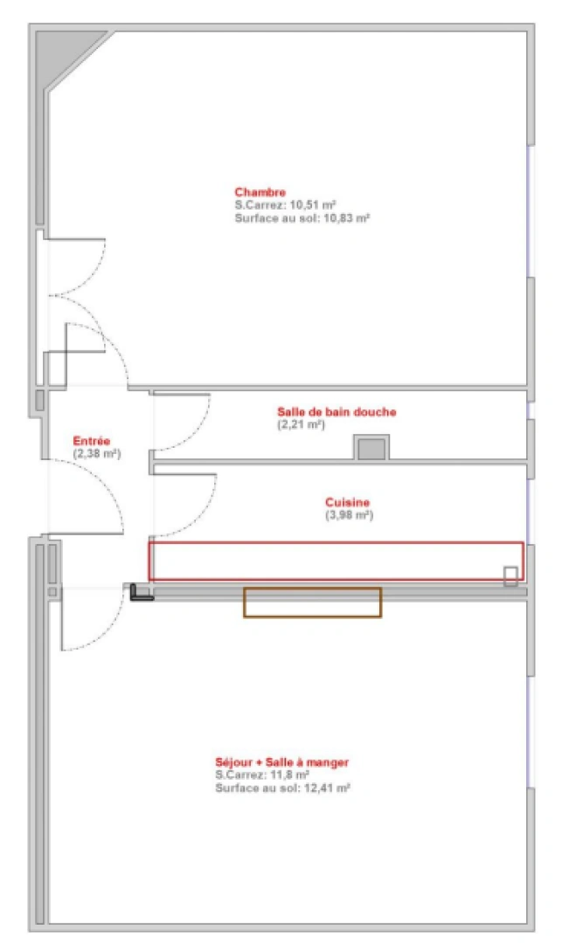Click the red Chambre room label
coord(260,192)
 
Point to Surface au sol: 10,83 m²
coord(302,218)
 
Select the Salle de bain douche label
coord(337,412)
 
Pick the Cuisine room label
coord(347,502)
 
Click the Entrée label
coord(91,441)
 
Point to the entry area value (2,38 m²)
coord(96,454)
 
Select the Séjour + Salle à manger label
coord(281,762)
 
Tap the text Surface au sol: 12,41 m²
coord(282,788)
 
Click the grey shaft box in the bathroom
coord(371,449)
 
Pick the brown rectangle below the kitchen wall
coord(312,602)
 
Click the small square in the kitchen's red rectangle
coord(510,575)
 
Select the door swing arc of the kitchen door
coord(199,514)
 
